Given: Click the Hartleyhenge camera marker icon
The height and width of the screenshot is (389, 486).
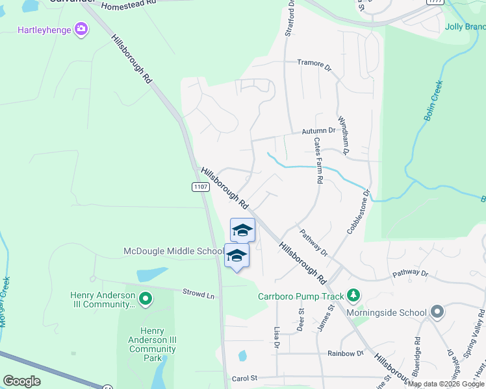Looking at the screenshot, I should (x=81, y=29).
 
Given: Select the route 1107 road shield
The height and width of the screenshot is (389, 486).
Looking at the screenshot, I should (x=201, y=187).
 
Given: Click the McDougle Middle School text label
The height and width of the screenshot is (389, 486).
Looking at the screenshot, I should (x=174, y=251).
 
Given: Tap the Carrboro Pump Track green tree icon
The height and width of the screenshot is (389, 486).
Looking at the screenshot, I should (x=353, y=296).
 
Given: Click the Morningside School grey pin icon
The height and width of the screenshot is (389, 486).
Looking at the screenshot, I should (x=438, y=312).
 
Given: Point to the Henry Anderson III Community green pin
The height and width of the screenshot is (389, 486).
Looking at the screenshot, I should (x=146, y=300).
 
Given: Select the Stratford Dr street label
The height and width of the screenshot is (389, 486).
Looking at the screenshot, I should (x=291, y=19).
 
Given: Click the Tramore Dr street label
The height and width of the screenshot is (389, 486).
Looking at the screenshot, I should (x=314, y=64).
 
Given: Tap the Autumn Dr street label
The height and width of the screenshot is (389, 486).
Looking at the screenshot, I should (x=318, y=130).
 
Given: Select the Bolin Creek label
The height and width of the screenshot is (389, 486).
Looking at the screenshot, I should (x=432, y=100).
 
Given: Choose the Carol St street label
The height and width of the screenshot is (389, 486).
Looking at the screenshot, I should (x=244, y=378).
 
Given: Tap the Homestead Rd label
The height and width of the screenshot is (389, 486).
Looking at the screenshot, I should (x=129, y=4).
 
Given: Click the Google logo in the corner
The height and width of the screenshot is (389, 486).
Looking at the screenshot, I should (x=21, y=381).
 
